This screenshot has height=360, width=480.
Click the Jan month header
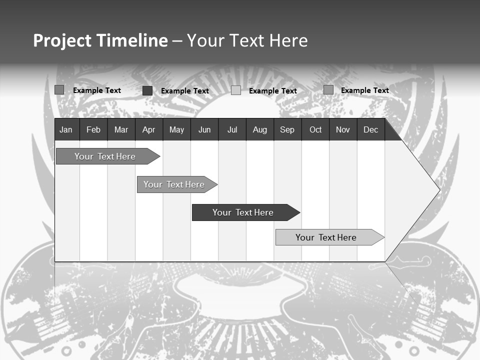[66, 130]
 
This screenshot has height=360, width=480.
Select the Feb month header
[93, 130]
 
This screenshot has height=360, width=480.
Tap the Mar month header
[121, 130]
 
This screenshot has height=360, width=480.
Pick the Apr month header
[148, 130]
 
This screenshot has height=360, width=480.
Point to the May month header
[176, 130]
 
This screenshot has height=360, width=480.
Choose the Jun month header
[204, 130]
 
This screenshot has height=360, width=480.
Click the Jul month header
[232, 130]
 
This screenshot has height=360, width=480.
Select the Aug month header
[260, 130]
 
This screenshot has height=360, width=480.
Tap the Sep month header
[287, 130]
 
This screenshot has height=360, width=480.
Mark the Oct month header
[315, 130]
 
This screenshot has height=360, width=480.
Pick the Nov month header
[343, 130]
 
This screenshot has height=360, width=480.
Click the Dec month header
[371, 130]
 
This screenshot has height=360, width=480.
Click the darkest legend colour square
[147, 90]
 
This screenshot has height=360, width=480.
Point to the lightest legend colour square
[236, 90]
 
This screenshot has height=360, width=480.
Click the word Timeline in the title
[132, 40]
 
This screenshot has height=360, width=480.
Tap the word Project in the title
[62, 40]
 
